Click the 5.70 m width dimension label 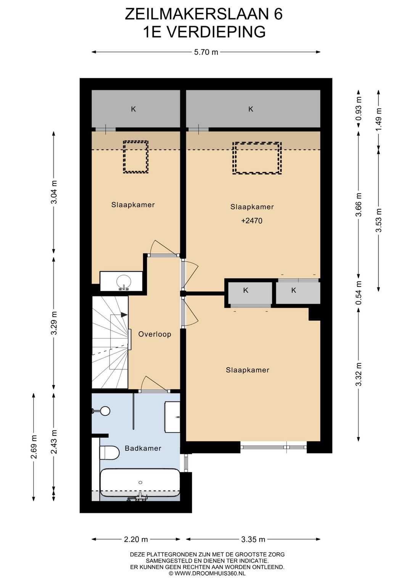point(206,52)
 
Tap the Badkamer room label point(143,448)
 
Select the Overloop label point(154,334)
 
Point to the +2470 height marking point(252,221)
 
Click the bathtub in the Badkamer point(140,482)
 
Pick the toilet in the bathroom point(109,452)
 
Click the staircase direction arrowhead point(124,314)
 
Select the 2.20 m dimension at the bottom point(136,539)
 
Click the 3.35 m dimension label point(253,539)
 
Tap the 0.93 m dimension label point(359,109)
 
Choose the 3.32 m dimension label point(359,374)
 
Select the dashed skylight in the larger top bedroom point(257,158)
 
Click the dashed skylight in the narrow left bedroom point(136,157)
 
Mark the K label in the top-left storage point(134,109)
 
